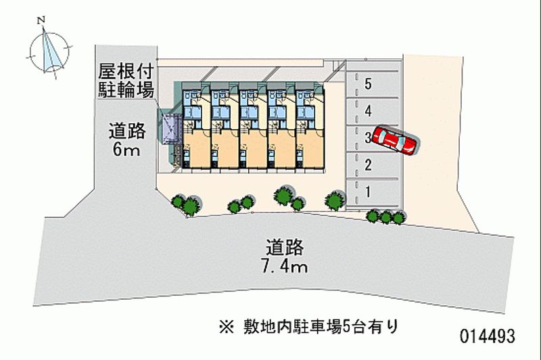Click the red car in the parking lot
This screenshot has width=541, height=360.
[397, 140]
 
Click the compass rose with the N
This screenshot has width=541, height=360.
[49, 50]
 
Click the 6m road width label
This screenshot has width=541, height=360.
[126, 150]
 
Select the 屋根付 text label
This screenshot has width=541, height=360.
[127, 70]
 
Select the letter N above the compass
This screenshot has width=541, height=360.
[42, 21]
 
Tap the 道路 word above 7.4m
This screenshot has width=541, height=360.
[283, 245]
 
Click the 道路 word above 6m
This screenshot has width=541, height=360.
[126, 130]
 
